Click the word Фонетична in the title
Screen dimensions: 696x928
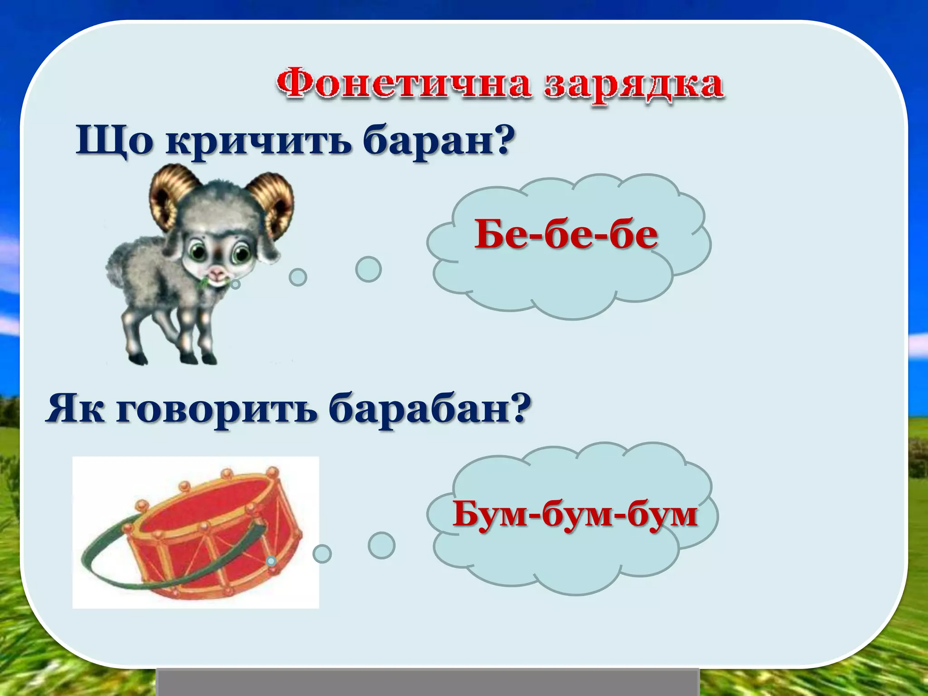tap(403, 84)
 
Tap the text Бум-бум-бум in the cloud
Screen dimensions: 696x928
tap(575, 514)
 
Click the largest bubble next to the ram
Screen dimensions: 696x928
tap(368, 269)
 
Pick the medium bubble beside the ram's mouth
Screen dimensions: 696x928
tap(298, 277)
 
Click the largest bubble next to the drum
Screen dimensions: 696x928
tap(381, 545)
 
